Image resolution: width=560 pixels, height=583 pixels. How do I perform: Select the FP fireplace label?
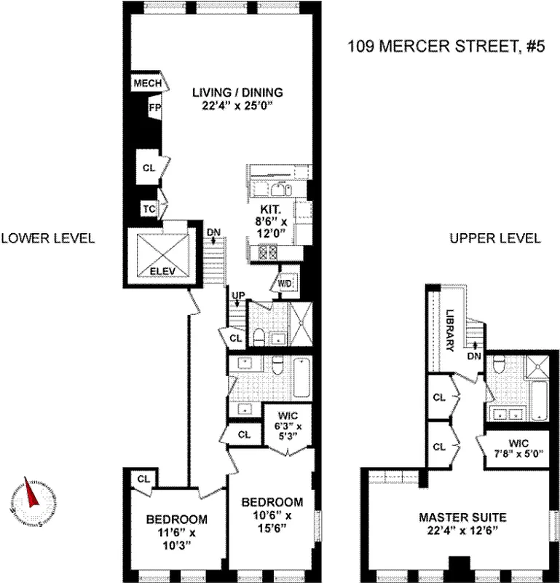154,108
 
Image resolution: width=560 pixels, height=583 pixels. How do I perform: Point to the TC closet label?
149,208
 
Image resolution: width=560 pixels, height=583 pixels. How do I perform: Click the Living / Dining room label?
237,98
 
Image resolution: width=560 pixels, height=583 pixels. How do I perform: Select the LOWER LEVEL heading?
48,238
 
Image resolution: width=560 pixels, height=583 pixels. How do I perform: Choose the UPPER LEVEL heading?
494,238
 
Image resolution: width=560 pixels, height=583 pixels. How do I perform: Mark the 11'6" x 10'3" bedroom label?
177,532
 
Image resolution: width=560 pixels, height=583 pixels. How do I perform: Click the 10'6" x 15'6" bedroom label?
272,514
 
